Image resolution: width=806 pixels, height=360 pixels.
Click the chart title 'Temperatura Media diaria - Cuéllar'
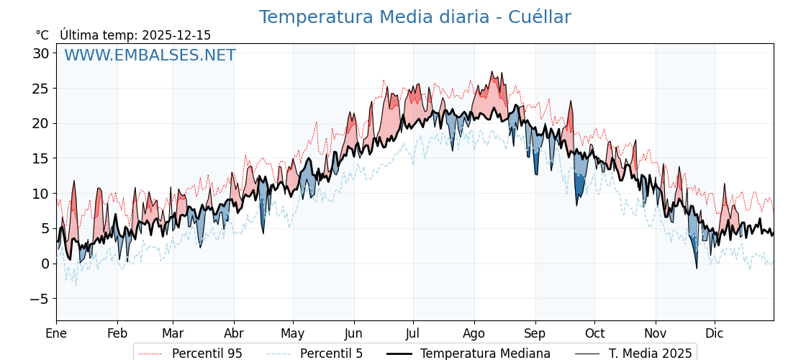click(x=415, y=17)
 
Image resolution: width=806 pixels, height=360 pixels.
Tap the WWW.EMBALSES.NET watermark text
click(x=150, y=55)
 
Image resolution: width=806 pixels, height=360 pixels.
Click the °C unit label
click(x=42, y=35)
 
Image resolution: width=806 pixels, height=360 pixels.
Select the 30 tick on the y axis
click(x=40, y=53)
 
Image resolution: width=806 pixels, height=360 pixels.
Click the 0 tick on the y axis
click(x=45, y=264)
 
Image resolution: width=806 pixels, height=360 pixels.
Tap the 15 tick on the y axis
click(x=40, y=158)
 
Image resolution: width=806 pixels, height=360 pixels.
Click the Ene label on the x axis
click(x=56, y=333)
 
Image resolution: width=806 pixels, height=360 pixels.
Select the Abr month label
click(x=234, y=333)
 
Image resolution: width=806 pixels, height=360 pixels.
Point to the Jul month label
click(x=413, y=333)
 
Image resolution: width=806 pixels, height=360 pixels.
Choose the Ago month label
click(x=474, y=333)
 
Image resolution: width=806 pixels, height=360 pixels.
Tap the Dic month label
click(x=715, y=333)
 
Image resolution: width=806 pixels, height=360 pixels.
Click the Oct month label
click(x=594, y=333)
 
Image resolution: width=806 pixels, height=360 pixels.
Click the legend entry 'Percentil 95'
click(x=207, y=354)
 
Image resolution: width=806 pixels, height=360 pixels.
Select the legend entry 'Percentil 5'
click(x=331, y=354)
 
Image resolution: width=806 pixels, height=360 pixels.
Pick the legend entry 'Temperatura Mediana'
click(x=485, y=354)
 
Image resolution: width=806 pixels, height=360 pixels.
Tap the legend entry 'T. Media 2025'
click(x=650, y=354)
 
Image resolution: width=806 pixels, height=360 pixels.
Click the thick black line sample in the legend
click(x=399, y=354)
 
